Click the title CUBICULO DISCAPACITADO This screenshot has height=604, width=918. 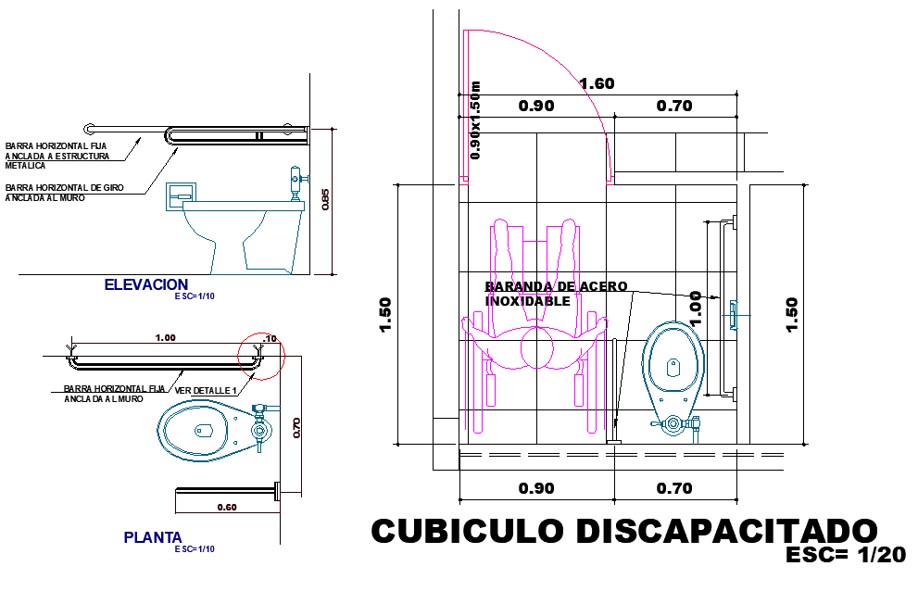623,532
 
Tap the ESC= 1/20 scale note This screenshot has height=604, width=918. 845,555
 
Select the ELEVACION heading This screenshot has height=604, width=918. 146,284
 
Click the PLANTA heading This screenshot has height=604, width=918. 153,537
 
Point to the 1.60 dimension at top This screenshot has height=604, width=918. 597,84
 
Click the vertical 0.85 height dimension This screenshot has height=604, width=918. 324,200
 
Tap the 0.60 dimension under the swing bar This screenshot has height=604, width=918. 226,507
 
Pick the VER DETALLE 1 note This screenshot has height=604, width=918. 207,390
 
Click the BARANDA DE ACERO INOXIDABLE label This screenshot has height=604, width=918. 556,294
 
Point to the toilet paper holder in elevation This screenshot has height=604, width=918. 182,194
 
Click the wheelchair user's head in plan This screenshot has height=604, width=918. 538,351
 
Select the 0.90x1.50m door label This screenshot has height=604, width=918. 476,120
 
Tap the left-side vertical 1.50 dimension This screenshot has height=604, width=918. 385,314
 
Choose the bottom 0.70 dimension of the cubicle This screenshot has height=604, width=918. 674,488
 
